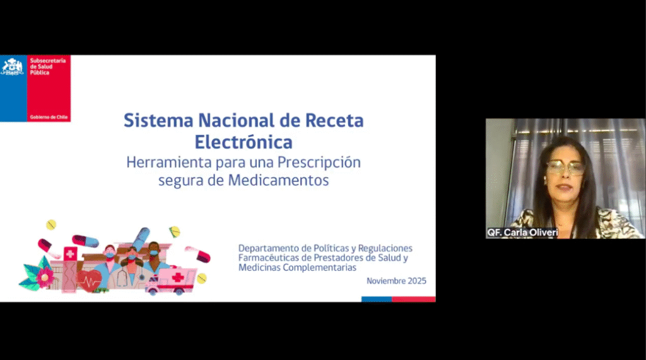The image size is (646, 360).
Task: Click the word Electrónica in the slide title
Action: pyautogui.click(x=244, y=142)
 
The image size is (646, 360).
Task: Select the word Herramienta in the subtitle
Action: pyautogui.click(x=169, y=162)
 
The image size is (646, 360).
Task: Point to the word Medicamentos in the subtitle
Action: pyautogui.click(x=278, y=180)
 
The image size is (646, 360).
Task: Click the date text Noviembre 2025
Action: pyautogui.click(x=396, y=281)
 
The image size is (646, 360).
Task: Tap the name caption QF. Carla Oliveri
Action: pyautogui.click(x=522, y=232)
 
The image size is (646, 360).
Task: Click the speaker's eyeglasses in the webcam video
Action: pyautogui.click(x=566, y=167)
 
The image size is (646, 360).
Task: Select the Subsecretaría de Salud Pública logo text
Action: pyautogui.click(x=48, y=66)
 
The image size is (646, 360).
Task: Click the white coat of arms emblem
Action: pyautogui.click(x=13, y=67)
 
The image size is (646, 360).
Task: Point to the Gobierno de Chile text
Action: pyautogui.click(x=49, y=117)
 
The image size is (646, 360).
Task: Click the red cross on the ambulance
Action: pyautogui.click(x=177, y=277)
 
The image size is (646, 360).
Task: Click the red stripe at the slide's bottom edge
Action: pyautogui.click(x=414, y=299)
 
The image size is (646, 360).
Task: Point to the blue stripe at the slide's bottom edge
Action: pyautogui.click(x=377, y=299)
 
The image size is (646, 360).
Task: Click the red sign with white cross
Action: pyautogui.click(x=70, y=253)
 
